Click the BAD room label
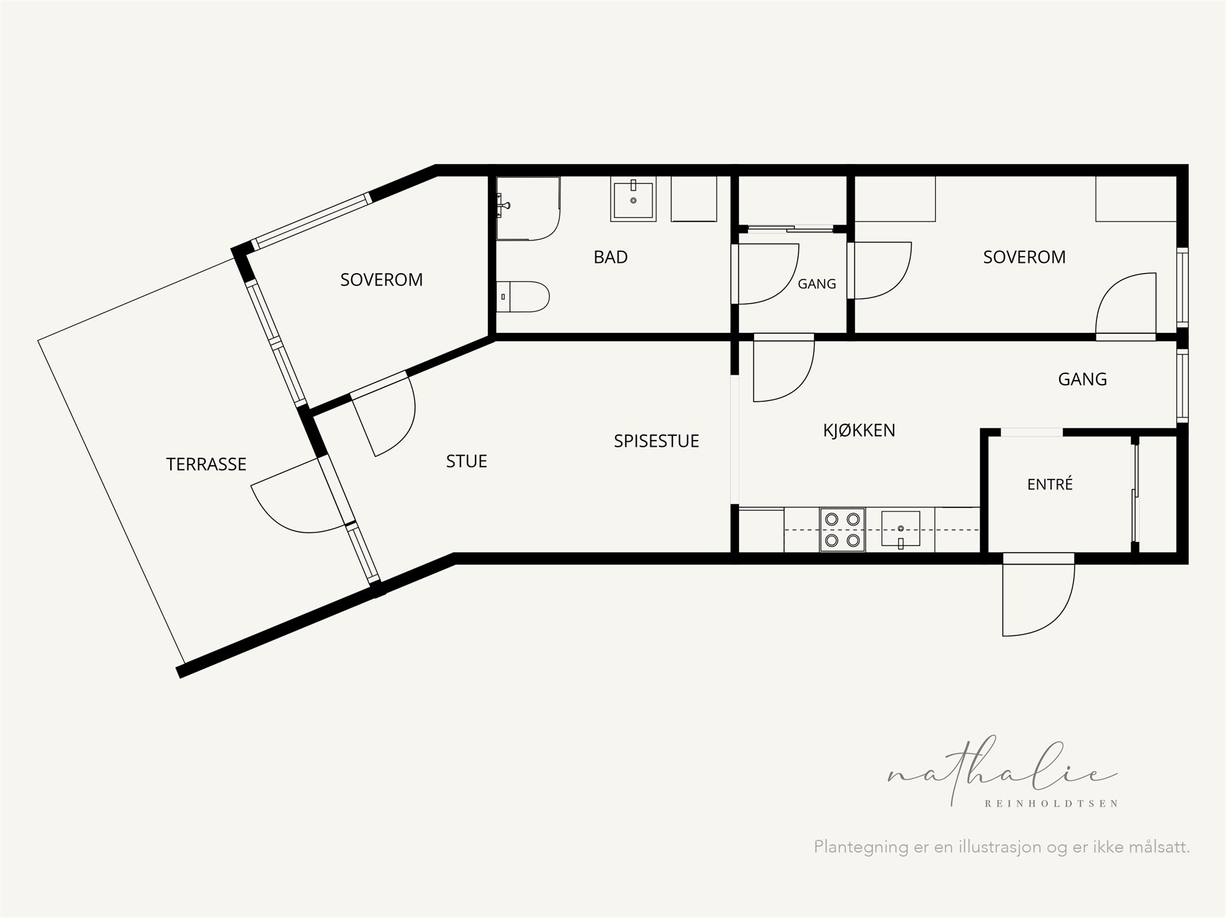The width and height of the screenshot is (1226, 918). pyautogui.click(x=610, y=257)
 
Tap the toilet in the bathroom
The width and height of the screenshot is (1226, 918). pyautogui.click(x=522, y=296)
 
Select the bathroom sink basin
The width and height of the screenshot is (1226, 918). pyautogui.click(x=633, y=199)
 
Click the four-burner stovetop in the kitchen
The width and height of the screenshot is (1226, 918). pyautogui.click(x=843, y=530)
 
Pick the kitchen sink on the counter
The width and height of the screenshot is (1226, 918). pyautogui.click(x=900, y=530)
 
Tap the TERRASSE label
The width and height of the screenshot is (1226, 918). pyautogui.click(x=206, y=464)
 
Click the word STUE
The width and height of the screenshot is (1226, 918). pyautogui.click(x=467, y=462)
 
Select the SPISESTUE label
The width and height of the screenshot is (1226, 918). pyautogui.click(x=657, y=441)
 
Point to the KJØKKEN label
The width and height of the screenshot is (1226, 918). pyautogui.click(x=859, y=430)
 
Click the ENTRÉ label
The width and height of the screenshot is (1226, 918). pyautogui.click(x=1050, y=484)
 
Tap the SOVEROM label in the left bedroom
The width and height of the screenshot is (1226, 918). pyautogui.click(x=381, y=280)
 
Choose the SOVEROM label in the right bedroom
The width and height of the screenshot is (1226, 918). pyautogui.click(x=1024, y=257)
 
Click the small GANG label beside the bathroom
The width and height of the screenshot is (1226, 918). pyautogui.click(x=817, y=284)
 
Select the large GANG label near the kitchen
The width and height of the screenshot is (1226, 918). pyautogui.click(x=1082, y=379)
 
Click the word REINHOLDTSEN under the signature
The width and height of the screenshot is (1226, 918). pyautogui.click(x=1052, y=804)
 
